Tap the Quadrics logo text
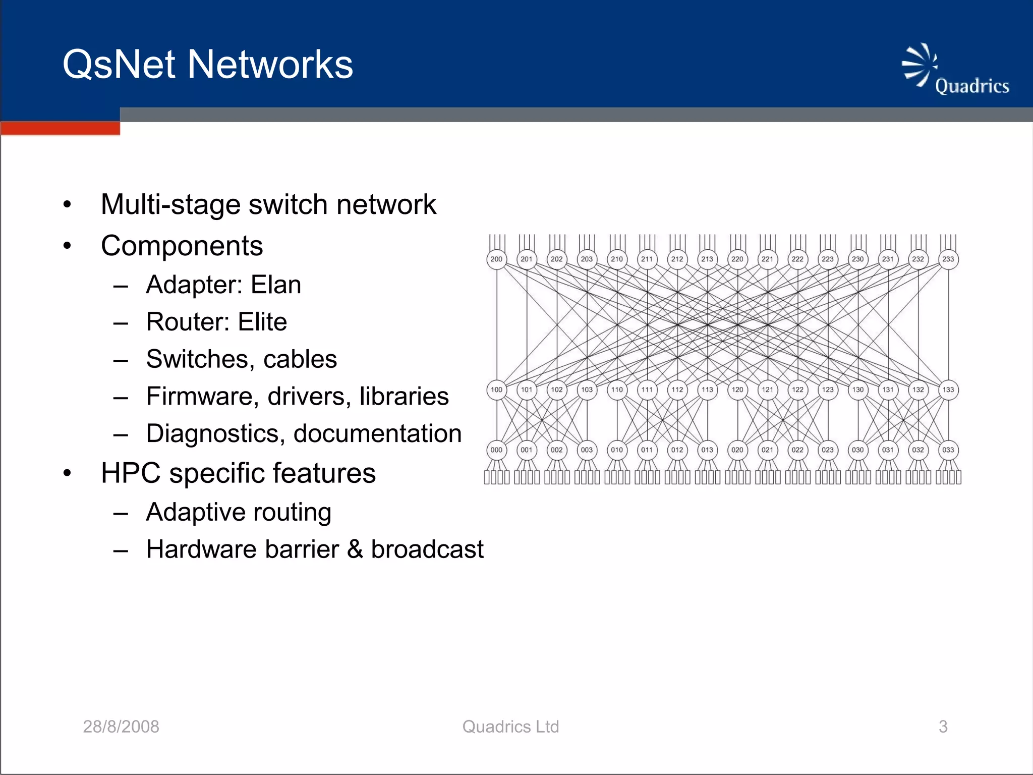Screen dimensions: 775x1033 click(971, 86)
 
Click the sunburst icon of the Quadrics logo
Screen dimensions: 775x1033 click(919, 65)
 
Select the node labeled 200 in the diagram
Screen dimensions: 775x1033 click(496, 259)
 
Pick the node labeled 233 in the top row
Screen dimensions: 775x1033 click(948, 259)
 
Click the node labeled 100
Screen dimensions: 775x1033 click(496, 390)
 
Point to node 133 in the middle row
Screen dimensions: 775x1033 click(948, 390)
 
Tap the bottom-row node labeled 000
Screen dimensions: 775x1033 click(496, 450)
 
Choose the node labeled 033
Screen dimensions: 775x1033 click(948, 450)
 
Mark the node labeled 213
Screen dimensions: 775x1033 click(707, 259)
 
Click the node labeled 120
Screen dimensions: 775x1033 click(737, 390)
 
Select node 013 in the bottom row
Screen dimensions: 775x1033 click(707, 450)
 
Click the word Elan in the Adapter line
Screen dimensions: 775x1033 click(276, 285)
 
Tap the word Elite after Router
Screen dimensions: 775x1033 click(262, 322)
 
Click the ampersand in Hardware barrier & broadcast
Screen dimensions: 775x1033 click(355, 549)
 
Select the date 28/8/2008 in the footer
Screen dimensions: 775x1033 click(121, 727)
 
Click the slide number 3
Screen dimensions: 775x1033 click(943, 727)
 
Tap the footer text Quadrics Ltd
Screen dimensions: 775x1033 click(510, 727)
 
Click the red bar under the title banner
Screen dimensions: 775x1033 click(60, 128)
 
